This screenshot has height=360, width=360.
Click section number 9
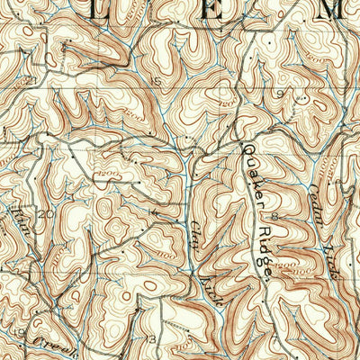(280, 94)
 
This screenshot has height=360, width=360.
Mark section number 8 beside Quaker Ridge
(271, 217)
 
